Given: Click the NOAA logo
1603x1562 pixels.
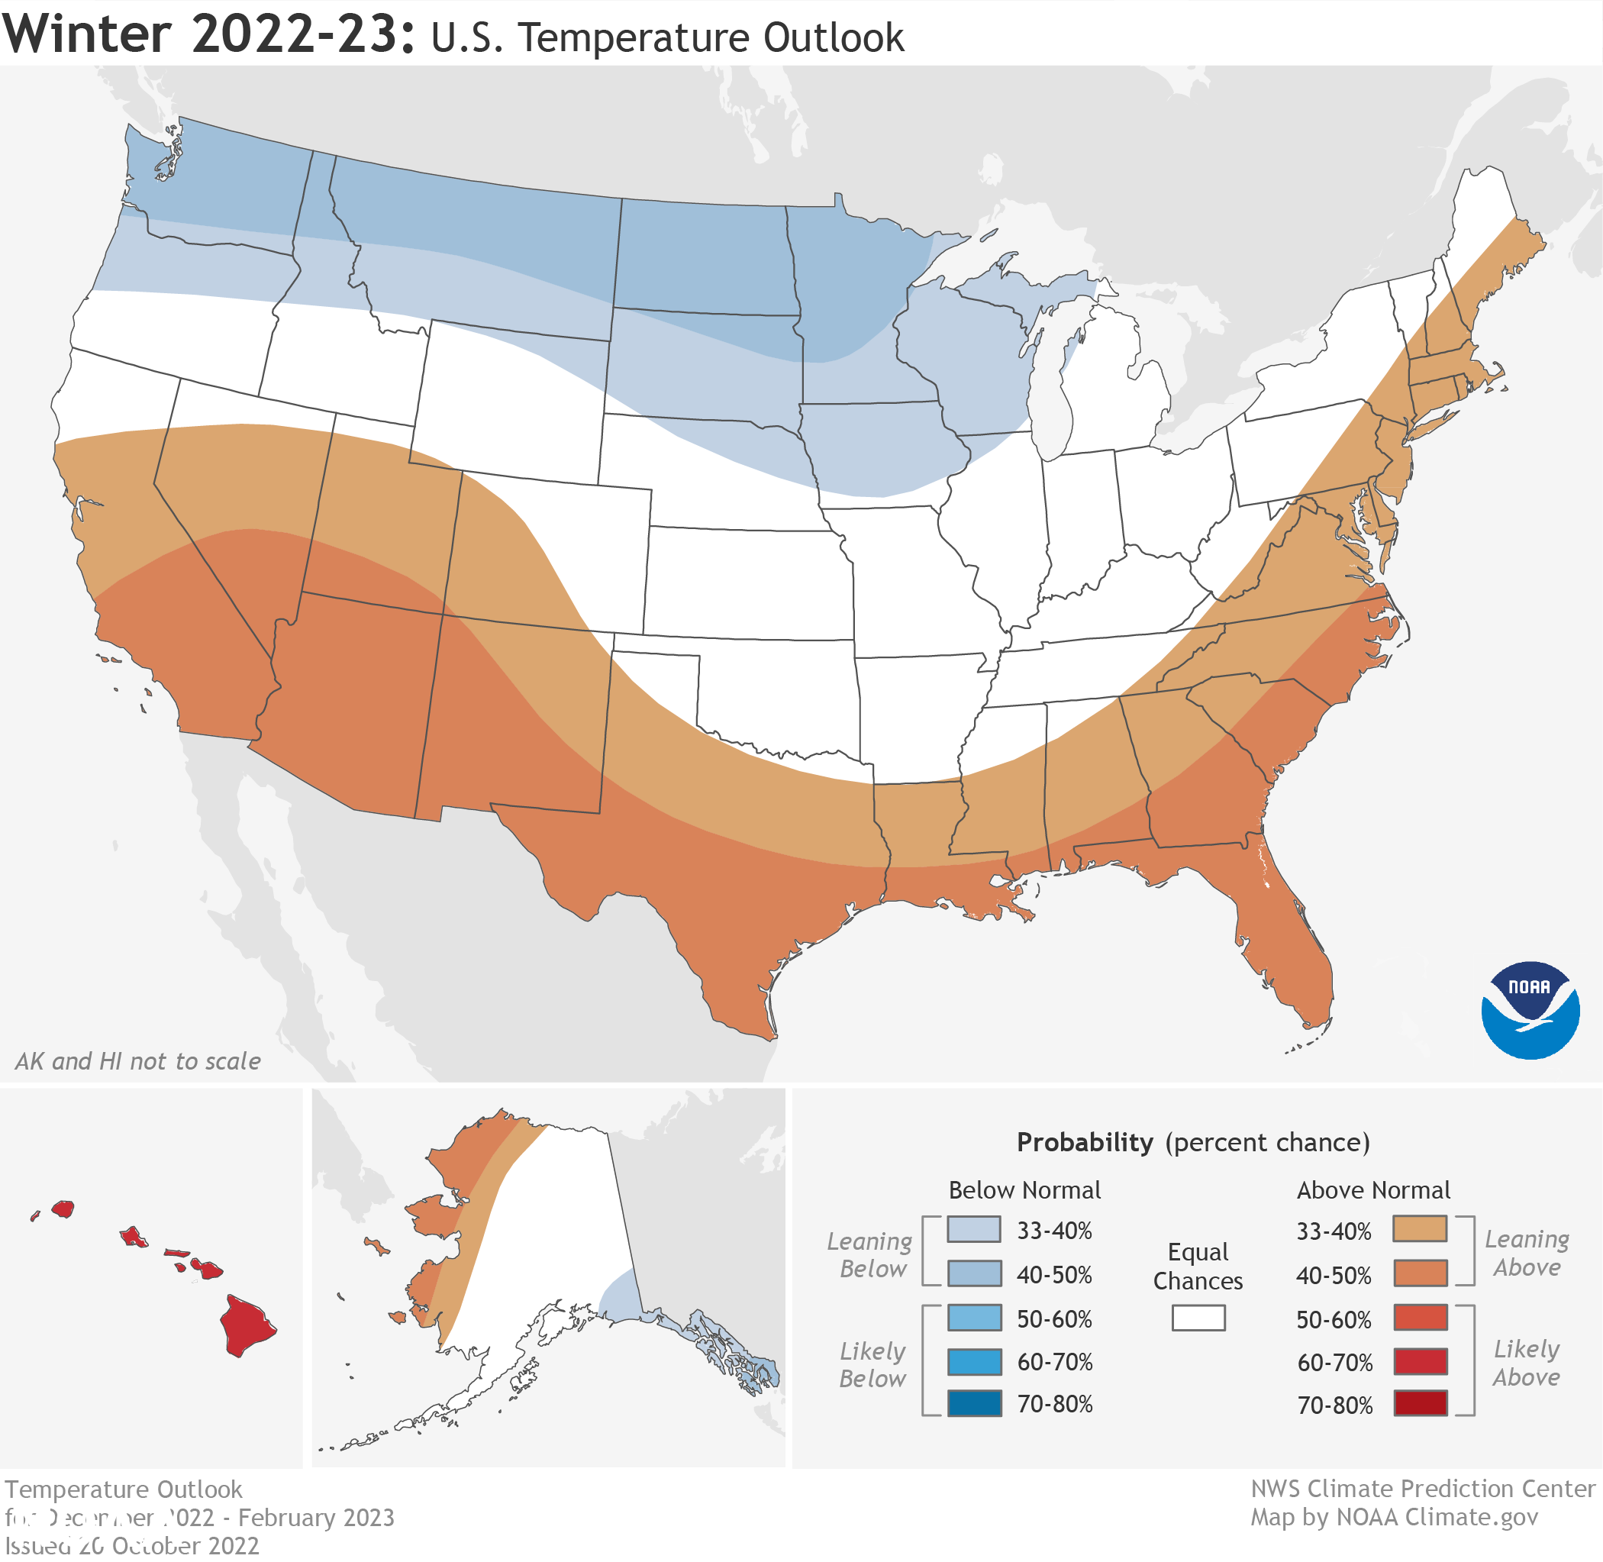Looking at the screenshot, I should [1530, 1010].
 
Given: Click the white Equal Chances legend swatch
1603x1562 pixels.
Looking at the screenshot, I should [1198, 1318].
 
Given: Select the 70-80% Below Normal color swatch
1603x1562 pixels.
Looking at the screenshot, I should [974, 1404].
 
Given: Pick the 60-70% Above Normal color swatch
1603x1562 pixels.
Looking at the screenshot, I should [1419, 1362].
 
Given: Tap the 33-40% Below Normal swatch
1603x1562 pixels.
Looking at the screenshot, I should [974, 1230].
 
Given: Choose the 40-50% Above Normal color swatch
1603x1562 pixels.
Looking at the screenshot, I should [1419, 1274].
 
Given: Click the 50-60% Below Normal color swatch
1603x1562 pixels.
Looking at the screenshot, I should [974, 1318].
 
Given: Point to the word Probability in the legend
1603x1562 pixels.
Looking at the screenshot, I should [1085, 1142].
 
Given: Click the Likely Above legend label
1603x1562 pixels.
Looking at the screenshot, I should [1526, 1363].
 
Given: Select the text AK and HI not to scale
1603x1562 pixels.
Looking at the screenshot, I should [138, 1060].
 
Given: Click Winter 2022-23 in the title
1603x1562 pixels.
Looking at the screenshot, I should [209, 34].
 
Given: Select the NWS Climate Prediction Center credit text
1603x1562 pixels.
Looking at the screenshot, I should [1423, 1488].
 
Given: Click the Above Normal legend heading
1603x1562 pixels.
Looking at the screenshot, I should [1372, 1189].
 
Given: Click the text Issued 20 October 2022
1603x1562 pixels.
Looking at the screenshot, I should [131, 1546].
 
